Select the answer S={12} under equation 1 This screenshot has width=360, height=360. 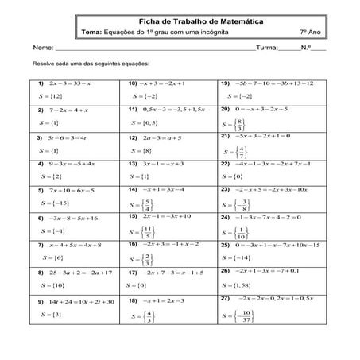tap(50, 96)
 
